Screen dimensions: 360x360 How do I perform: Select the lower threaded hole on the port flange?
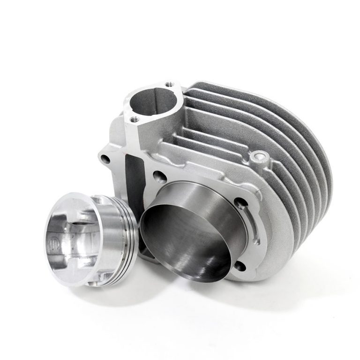135,119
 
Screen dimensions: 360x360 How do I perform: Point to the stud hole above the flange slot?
241,203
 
